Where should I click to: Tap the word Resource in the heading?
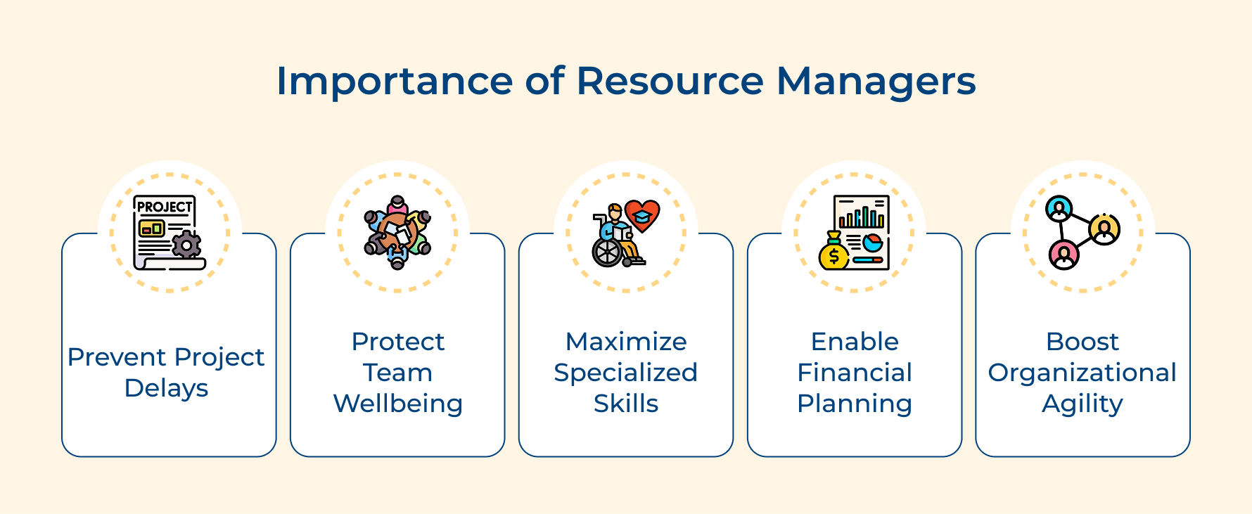click(x=669, y=82)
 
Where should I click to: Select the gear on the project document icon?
click(x=186, y=244)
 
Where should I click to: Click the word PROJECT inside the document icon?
click(x=164, y=207)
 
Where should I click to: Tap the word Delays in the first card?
click(x=166, y=388)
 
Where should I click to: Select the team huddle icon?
click(x=397, y=233)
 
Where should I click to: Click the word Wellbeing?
click(x=397, y=404)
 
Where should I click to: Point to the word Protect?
click(x=397, y=342)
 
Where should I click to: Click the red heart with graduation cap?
click(x=642, y=214)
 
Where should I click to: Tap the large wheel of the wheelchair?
click(x=607, y=252)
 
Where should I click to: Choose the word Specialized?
click(x=625, y=373)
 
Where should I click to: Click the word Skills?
click(x=625, y=404)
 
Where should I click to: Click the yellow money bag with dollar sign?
click(x=834, y=255)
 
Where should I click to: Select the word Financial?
click(x=854, y=373)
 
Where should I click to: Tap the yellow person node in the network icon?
click(x=1104, y=229)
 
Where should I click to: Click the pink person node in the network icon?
click(x=1063, y=254)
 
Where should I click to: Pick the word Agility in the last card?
click(x=1082, y=404)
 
